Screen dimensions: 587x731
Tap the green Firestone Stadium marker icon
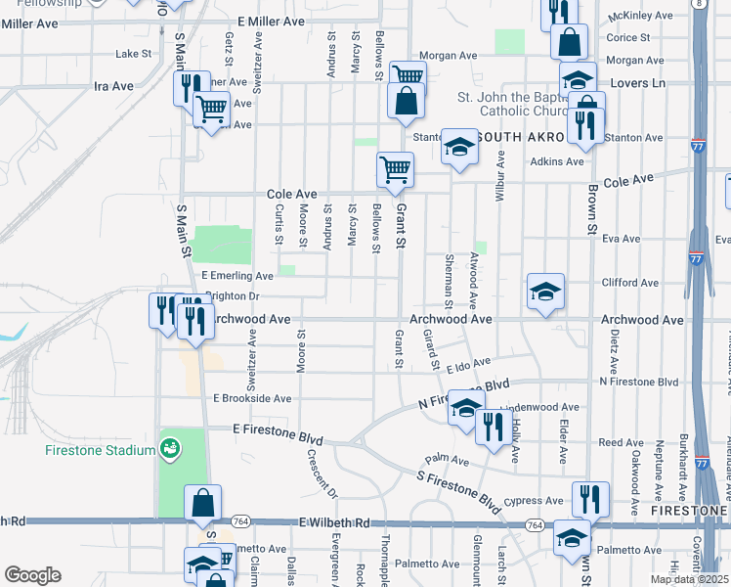(x=171, y=449)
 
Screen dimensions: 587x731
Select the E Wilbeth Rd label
(x=333, y=524)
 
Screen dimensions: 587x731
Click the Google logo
(x=32, y=574)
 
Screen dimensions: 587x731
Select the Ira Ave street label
(x=113, y=86)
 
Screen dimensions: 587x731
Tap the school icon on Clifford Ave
(x=545, y=291)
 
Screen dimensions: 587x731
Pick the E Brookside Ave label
(x=252, y=399)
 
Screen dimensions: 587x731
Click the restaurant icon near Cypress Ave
(x=589, y=498)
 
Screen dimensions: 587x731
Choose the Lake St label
(x=135, y=54)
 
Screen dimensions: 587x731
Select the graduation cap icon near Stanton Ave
(x=456, y=147)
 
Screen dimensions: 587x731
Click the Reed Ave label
(x=621, y=443)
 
